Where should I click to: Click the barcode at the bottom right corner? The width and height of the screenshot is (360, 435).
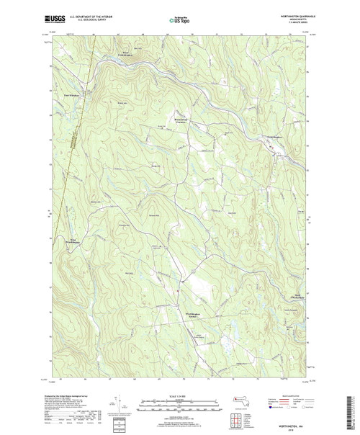354,411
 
